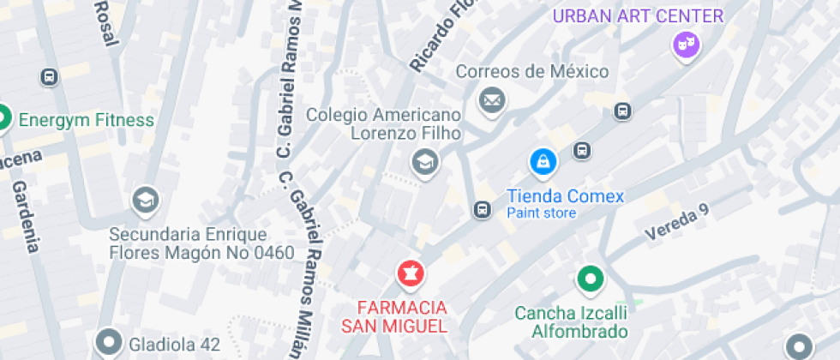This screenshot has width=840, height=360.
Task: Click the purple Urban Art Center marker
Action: (685, 45)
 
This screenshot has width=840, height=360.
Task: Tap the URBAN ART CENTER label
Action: (638, 15)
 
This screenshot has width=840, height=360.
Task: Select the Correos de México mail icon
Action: (492, 101)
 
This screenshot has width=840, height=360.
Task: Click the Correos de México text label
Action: (531, 71)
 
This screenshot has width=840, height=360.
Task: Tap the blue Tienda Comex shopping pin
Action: (543, 161)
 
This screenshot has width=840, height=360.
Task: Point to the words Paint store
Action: (541, 213)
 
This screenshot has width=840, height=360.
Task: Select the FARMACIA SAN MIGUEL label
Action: (402, 316)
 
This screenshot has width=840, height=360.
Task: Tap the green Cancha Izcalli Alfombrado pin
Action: (590, 279)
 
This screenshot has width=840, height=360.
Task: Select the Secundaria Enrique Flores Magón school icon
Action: (145, 201)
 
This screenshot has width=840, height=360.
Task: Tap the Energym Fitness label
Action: (86, 120)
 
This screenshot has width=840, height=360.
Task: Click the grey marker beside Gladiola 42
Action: (108, 344)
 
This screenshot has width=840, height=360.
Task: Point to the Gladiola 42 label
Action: (174, 345)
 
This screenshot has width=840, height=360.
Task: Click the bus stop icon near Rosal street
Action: (50, 77)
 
